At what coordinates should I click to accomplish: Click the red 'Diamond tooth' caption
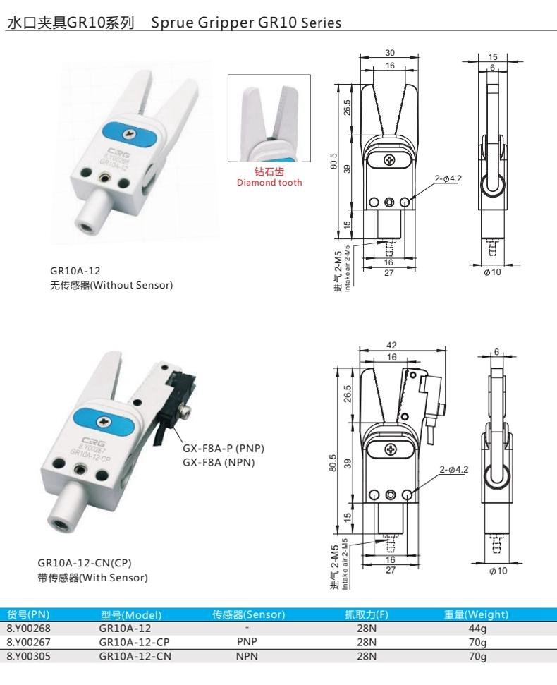pos(269,183)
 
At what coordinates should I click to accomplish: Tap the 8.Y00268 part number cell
pos(28,628)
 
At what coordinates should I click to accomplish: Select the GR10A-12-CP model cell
pos(134,642)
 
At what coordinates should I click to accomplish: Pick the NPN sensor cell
pos(247,656)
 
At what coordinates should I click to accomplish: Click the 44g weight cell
pos(477,629)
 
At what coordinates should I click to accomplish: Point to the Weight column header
pos(476,614)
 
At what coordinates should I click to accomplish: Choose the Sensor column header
pos(248,614)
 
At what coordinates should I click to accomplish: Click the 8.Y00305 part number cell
pos(28,656)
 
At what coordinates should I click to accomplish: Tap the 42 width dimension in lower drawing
pos(391,345)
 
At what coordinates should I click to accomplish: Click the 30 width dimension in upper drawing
pos(390,53)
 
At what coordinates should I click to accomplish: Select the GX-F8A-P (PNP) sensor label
pos(224,448)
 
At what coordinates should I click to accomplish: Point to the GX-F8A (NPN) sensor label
pos(219,462)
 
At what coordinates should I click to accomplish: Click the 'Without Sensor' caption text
pos(133,285)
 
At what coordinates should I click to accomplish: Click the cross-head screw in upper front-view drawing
pos(389,160)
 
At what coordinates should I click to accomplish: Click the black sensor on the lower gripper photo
pos(175,402)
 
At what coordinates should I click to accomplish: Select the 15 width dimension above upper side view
pos(493,57)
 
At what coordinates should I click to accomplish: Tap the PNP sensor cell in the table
pos(247,642)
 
